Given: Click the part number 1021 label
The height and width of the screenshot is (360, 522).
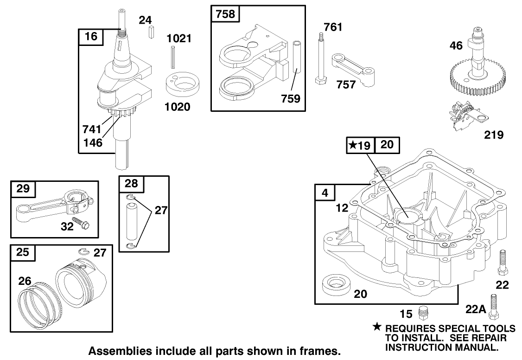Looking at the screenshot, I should (x=179, y=38).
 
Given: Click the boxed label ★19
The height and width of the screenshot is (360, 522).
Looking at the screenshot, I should (x=360, y=145).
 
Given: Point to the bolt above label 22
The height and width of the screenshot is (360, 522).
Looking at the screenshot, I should (x=502, y=263).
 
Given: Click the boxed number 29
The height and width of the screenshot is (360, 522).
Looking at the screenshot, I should (x=23, y=188).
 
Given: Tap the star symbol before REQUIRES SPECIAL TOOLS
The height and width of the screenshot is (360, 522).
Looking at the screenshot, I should (x=377, y=328).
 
